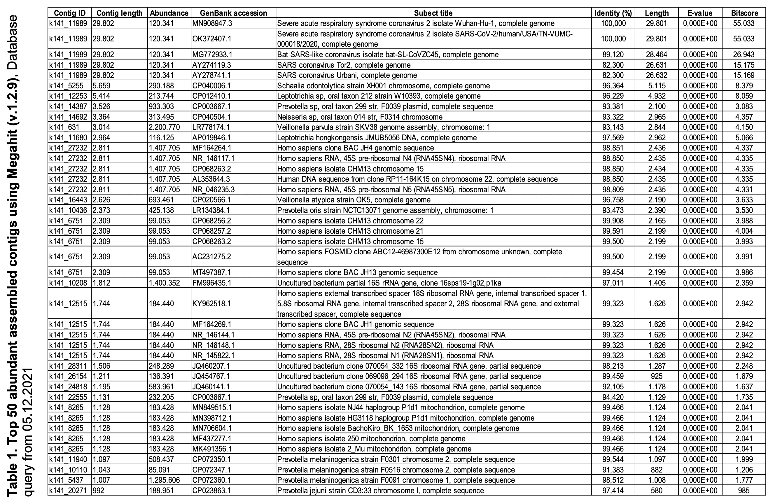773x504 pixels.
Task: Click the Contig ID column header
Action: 69,13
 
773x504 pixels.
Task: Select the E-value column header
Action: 700,13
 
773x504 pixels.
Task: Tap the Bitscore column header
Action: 744,13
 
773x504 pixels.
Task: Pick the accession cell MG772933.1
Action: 212,55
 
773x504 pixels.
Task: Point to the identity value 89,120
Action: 613,55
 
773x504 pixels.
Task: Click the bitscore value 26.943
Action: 744,55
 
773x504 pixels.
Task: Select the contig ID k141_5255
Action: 66,86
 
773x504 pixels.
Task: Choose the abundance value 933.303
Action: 161,106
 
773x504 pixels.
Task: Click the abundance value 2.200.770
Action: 164,127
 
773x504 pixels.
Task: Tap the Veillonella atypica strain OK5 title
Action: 354,200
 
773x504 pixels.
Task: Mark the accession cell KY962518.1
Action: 211,304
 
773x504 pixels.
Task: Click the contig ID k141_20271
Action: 68,490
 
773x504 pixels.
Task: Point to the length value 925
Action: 656,376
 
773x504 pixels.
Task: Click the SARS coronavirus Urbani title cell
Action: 347,75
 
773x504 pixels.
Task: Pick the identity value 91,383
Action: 613,470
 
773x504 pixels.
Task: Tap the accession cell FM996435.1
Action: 212,283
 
